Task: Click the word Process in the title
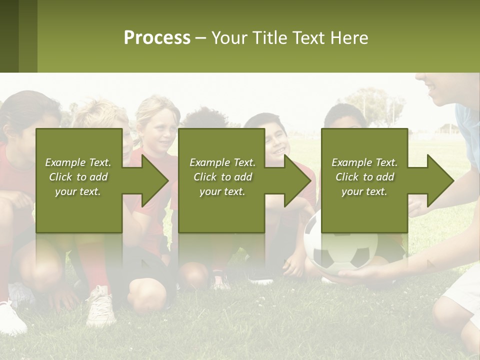[157, 38]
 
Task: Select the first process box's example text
[78, 177]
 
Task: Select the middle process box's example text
[222, 177]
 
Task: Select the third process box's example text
[364, 177]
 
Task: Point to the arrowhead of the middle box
[296, 180]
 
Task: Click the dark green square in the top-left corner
[9, 36]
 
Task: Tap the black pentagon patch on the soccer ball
[360, 257]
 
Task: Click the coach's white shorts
[465, 290]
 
